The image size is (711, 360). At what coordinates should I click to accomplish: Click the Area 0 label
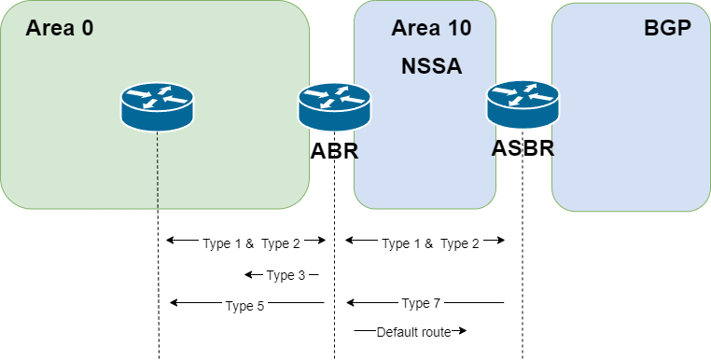click(59, 28)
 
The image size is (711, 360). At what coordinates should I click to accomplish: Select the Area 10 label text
click(430, 28)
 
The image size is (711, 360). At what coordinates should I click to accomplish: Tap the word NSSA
click(431, 66)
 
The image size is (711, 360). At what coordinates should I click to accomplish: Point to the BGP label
click(667, 28)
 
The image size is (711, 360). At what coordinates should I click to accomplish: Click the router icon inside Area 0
click(157, 106)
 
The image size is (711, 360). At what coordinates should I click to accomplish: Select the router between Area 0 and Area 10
click(334, 106)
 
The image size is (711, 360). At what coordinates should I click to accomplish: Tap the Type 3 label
click(286, 275)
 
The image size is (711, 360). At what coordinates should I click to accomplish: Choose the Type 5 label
click(245, 306)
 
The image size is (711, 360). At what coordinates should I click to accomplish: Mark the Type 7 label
click(421, 303)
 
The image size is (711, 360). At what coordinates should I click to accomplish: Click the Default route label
click(413, 332)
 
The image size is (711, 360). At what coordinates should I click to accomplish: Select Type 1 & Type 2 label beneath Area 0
click(252, 243)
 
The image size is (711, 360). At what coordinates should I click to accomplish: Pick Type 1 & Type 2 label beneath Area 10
click(431, 243)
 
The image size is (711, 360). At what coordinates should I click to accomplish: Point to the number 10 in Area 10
click(457, 28)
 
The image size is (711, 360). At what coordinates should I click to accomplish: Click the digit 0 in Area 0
click(87, 28)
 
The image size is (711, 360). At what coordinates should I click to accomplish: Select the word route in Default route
click(436, 332)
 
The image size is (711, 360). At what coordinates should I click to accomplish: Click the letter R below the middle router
click(354, 150)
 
